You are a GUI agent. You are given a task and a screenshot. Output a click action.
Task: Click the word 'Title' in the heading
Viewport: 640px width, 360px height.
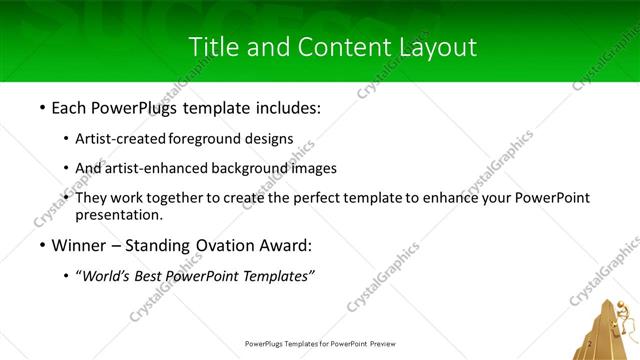click(213, 46)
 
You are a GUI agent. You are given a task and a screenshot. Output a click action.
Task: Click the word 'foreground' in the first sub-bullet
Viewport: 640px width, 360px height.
click(210, 139)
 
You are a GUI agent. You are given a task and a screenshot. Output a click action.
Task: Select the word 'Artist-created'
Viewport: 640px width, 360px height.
click(121, 139)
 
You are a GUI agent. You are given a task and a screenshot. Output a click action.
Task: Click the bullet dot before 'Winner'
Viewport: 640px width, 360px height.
click(41, 246)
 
